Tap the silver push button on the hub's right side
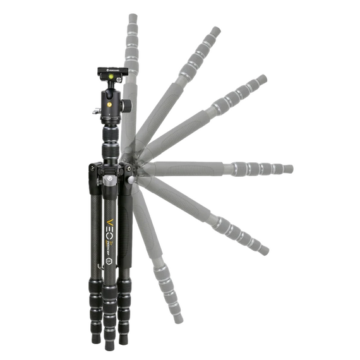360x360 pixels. coord(131,180)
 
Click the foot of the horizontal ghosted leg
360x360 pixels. coord(289,169)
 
